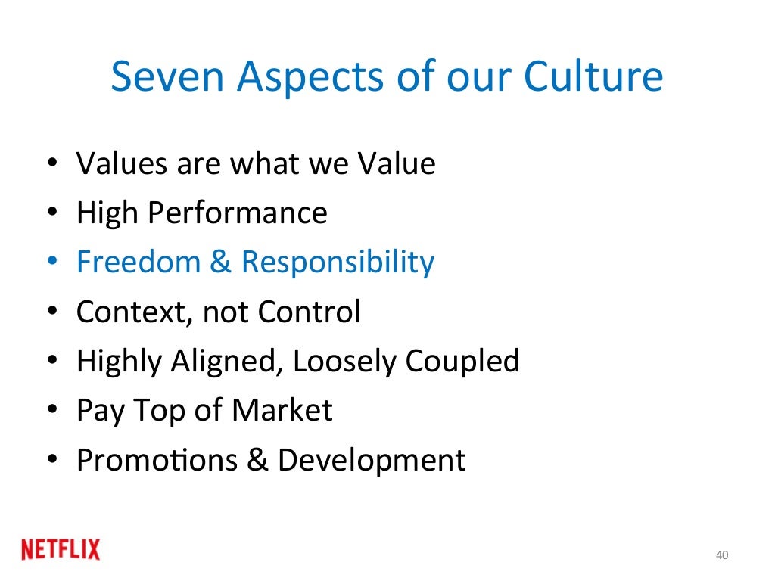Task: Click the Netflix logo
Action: (x=61, y=549)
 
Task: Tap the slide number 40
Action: (x=721, y=556)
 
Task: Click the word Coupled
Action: (x=462, y=362)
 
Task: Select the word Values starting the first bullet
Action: (x=121, y=163)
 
